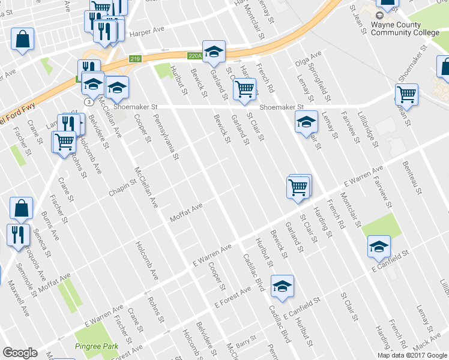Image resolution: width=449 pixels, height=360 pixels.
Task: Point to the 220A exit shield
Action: coord(194,56)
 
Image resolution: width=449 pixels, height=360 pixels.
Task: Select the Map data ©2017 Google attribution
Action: coord(412,355)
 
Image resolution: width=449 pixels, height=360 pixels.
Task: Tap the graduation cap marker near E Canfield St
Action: coord(379,246)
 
